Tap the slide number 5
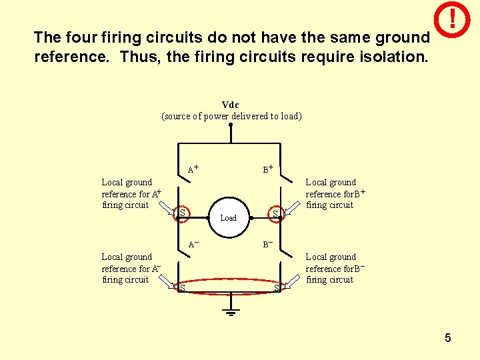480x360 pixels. (448, 338)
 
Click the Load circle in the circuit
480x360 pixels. (229, 217)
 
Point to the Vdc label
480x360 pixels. (231, 105)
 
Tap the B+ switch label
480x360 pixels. (268, 169)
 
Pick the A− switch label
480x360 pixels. (193, 244)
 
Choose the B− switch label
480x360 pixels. (267, 244)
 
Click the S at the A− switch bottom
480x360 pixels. (182, 288)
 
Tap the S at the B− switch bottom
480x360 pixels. (277, 288)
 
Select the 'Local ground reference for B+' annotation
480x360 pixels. (335, 193)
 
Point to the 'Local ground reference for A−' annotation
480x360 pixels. (131, 268)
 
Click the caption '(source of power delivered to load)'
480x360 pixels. (231, 116)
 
